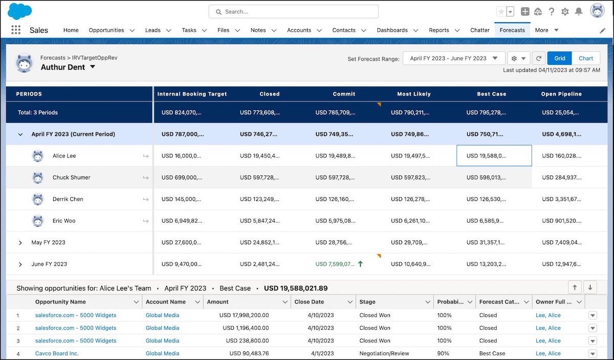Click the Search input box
(x=293, y=12)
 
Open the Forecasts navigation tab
(x=512, y=30)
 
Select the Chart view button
(x=586, y=58)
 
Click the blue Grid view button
(x=559, y=58)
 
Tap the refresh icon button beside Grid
(x=538, y=58)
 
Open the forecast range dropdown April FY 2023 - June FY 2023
(x=454, y=58)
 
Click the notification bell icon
(x=579, y=12)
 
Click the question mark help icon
(x=551, y=12)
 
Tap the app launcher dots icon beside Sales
(x=16, y=30)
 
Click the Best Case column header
(x=492, y=94)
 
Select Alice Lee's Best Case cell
(x=494, y=155)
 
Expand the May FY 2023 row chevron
(x=20, y=242)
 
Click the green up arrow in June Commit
(x=360, y=264)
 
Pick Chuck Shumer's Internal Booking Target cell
(x=182, y=177)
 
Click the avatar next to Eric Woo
(x=38, y=221)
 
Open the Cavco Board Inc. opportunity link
(x=57, y=353)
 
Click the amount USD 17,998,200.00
(x=244, y=316)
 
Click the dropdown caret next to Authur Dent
(x=93, y=66)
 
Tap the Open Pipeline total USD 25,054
(x=560, y=112)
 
